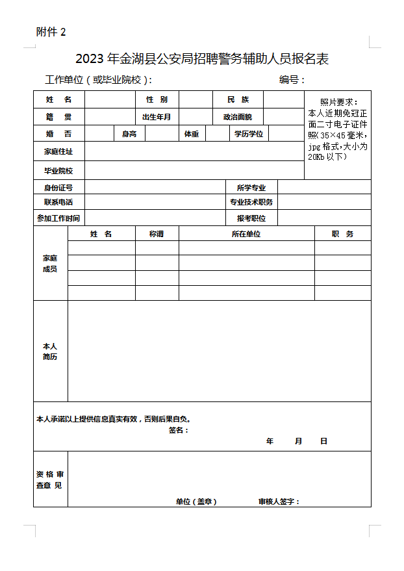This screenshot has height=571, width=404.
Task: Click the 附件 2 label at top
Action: [x=51, y=32]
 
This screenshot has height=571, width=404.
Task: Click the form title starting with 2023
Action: [x=202, y=58]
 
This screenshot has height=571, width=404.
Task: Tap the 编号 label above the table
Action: [x=292, y=80]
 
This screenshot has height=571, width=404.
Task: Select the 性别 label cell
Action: [x=157, y=99]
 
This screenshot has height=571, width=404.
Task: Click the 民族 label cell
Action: [x=238, y=99]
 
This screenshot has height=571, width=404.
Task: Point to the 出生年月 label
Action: [x=157, y=117]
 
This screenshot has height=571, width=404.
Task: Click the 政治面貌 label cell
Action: [x=238, y=117]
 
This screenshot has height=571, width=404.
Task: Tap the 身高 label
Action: [x=129, y=134]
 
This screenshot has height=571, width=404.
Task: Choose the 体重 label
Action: [x=192, y=134]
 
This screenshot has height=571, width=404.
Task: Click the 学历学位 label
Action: [x=249, y=134]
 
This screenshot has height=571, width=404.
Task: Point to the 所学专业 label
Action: [x=251, y=188]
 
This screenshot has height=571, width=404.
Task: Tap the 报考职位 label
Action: [x=251, y=218]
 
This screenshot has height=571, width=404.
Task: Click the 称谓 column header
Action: [x=157, y=234]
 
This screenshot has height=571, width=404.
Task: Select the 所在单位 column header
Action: [x=246, y=234]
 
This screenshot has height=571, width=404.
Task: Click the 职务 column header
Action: [x=342, y=234]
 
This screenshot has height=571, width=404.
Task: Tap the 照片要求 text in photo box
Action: [x=338, y=102]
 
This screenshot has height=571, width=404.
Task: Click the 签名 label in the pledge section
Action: [x=178, y=430]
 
